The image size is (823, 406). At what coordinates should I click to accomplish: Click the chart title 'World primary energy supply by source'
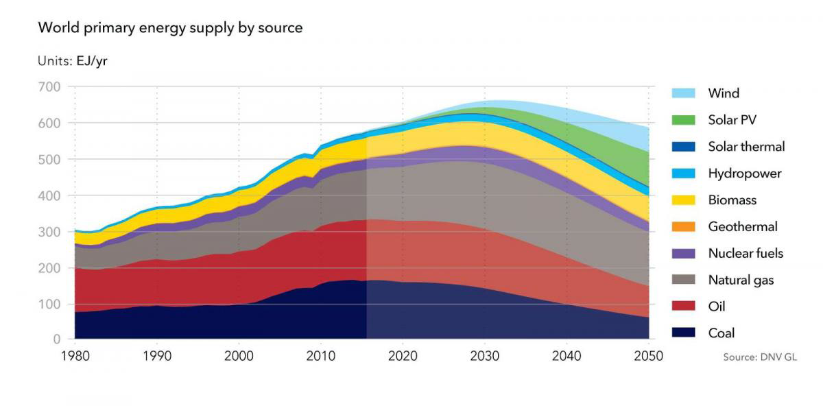[170, 28]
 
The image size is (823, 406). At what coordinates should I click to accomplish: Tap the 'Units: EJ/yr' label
[73, 60]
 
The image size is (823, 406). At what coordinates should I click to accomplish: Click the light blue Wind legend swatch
[682, 93]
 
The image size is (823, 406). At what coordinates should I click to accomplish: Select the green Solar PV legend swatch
[682, 120]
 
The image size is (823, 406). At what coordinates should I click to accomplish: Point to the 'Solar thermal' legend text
[746, 146]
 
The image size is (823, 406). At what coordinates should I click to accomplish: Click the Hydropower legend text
[744, 174]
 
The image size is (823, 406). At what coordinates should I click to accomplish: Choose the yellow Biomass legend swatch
[682, 200]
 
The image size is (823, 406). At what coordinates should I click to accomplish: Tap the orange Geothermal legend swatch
[682, 226]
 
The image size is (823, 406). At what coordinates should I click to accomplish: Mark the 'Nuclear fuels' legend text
[746, 253]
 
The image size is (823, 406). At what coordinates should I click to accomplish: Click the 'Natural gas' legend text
[741, 280]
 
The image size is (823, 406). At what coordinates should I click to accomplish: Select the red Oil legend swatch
[682, 307]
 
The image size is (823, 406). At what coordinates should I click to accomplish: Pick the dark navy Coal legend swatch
[682, 333]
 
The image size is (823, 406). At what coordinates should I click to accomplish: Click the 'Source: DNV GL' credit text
[760, 357]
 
